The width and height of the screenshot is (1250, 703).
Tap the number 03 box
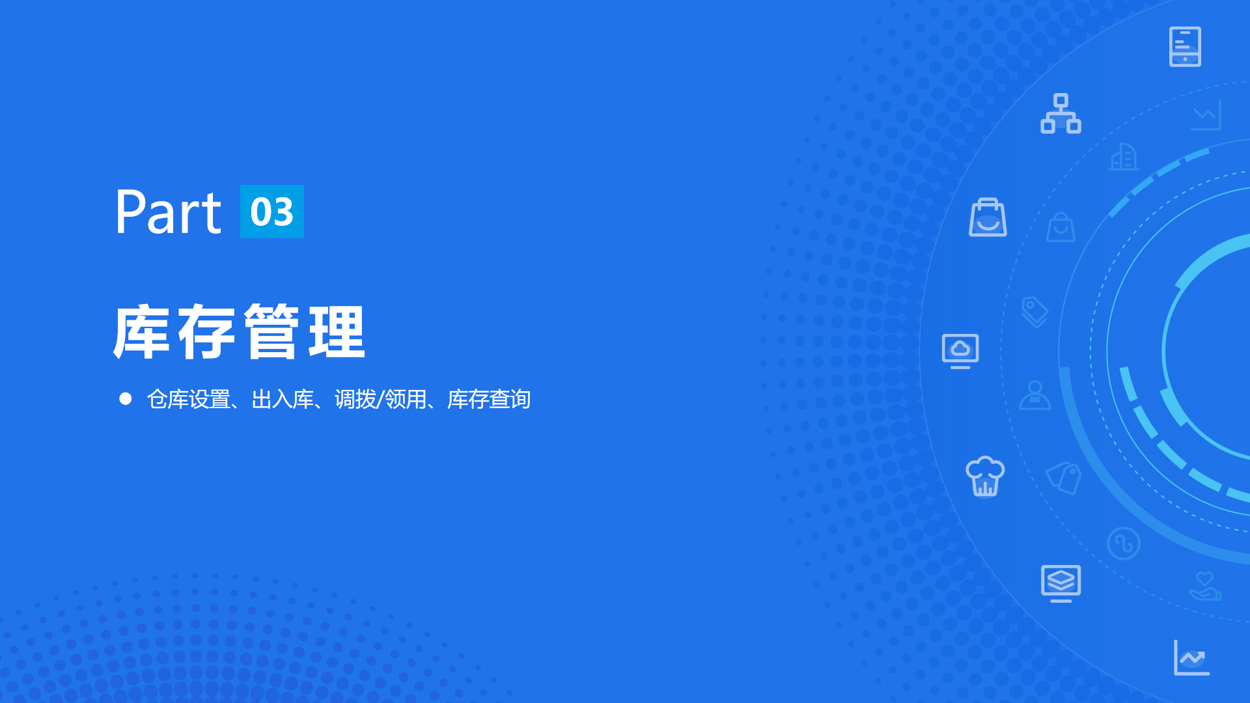pyautogui.click(x=272, y=212)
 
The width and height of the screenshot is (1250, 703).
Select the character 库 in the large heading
pyautogui.click(x=141, y=332)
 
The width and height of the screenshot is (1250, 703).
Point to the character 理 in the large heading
pyautogui.click(x=337, y=332)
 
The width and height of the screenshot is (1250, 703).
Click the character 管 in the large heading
pyautogui.click(x=271, y=332)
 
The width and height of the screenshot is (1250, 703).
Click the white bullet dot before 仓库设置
pyautogui.click(x=126, y=398)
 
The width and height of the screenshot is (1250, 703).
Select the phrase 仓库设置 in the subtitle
pyautogui.click(x=188, y=399)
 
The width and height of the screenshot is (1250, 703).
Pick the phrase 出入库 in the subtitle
pyautogui.click(x=283, y=399)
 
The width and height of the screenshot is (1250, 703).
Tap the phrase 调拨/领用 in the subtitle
pyautogui.click(x=381, y=399)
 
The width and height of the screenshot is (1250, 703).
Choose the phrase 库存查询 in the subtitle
pyautogui.click(x=489, y=399)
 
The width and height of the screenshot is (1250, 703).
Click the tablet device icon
pyautogui.click(x=1185, y=47)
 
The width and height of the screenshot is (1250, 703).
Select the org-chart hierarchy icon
pyautogui.click(x=1061, y=114)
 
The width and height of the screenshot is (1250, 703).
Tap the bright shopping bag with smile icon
pyautogui.click(x=988, y=217)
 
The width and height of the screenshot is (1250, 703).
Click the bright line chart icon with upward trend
pyautogui.click(x=1191, y=657)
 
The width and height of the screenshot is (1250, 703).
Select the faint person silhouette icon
pyautogui.click(x=1035, y=395)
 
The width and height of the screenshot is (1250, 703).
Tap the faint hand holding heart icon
pyautogui.click(x=1205, y=586)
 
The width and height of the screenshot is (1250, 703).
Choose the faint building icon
pyautogui.click(x=1124, y=156)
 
